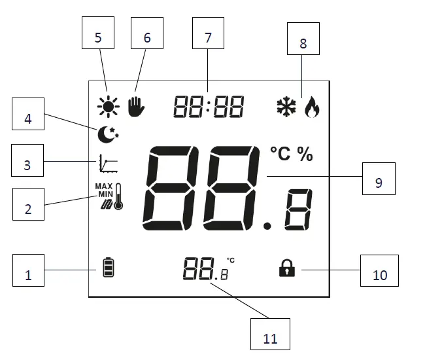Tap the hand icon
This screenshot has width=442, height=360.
[x=135, y=105]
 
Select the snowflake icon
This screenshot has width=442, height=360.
[x=286, y=106]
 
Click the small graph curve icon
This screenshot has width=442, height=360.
[x=109, y=163]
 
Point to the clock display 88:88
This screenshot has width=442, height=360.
[x=208, y=106]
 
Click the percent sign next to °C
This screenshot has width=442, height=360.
[x=305, y=154]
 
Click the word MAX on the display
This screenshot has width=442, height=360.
[x=104, y=186]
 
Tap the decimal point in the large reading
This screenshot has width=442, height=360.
[x=266, y=226]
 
